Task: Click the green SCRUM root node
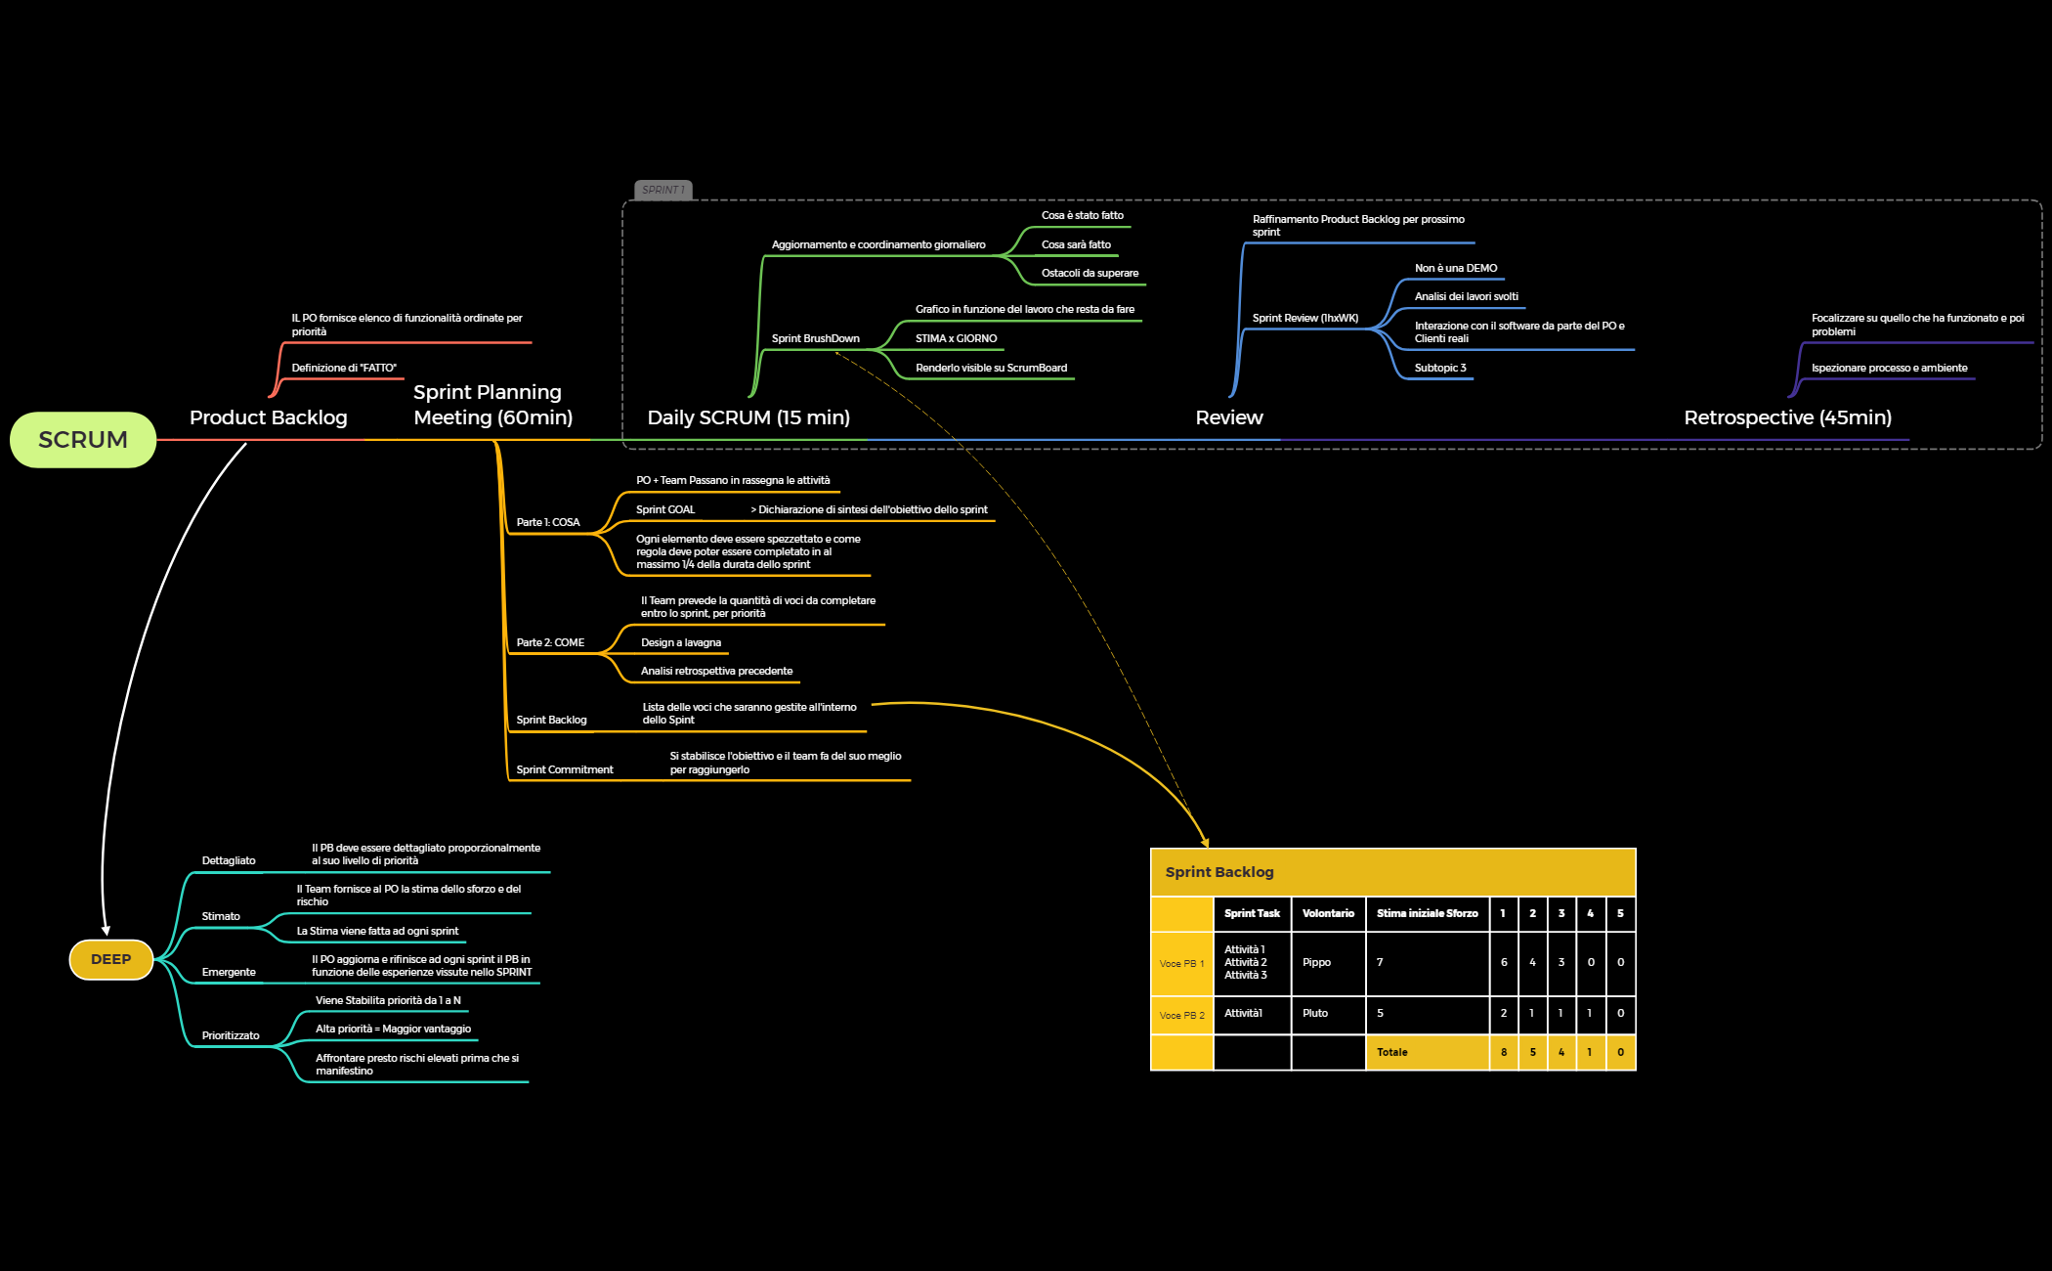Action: click(x=83, y=440)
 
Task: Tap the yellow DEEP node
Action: click(x=110, y=959)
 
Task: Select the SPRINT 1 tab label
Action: click(x=663, y=190)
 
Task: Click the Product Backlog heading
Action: click(x=268, y=417)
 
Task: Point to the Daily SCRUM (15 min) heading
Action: click(x=748, y=417)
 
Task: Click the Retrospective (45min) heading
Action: click(x=1787, y=417)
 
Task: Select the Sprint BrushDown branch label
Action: click(x=815, y=339)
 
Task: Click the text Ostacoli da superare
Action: click(x=1090, y=274)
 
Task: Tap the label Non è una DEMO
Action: click(x=1455, y=268)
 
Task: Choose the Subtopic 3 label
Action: click(x=1440, y=369)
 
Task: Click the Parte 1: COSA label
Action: click(x=547, y=523)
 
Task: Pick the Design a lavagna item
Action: click(x=681, y=643)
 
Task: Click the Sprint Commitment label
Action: click(x=564, y=770)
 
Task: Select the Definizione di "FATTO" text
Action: click(x=344, y=369)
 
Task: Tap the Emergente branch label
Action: click(x=229, y=973)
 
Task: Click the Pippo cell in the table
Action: click(x=1316, y=963)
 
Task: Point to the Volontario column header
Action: click(x=1328, y=913)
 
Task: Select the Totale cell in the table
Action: click(x=1392, y=1053)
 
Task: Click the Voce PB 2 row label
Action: click(x=1181, y=1016)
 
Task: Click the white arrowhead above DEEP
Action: click(x=106, y=930)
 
